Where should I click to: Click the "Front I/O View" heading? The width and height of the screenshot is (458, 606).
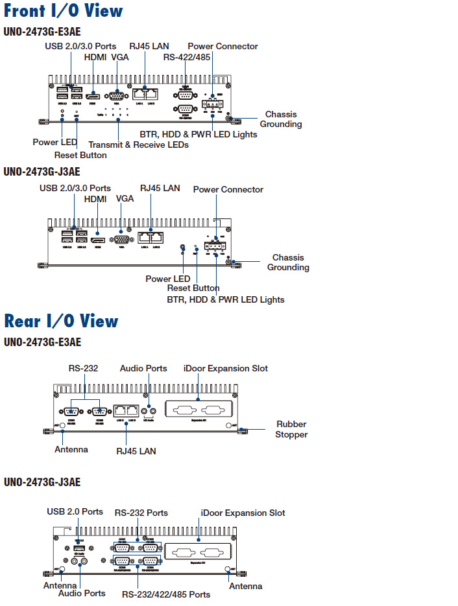tap(63, 11)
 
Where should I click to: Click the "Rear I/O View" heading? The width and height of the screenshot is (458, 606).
tap(61, 321)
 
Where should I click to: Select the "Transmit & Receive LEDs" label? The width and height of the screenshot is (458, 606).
tap(138, 145)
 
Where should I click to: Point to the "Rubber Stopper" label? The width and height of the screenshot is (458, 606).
tap(291, 429)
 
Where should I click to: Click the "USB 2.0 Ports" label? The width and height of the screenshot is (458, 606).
tap(75, 511)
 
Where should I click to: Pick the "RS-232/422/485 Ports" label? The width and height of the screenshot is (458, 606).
tap(166, 594)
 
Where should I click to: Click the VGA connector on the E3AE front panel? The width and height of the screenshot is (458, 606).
tap(117, 95)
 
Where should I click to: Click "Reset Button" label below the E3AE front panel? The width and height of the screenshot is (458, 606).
tap(80, 155)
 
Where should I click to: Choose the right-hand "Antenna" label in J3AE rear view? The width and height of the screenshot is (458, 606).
tap(246, 586)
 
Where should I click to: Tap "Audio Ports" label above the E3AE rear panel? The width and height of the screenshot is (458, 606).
tap(143, 368)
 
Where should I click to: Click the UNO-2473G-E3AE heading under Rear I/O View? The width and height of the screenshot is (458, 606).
tap(42, 342)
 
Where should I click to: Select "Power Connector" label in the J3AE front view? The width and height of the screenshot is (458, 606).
tap(228, 189)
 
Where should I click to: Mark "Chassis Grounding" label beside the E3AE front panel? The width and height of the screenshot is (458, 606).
tap(281, 119)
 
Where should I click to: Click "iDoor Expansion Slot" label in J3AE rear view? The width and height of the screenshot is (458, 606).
tap(243, 513)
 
